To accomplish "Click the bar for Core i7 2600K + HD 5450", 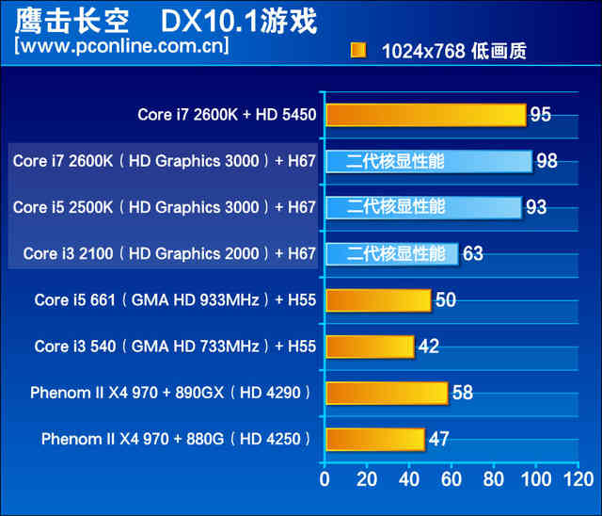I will click(x=425, y=115).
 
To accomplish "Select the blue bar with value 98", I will click(x=428, y=161).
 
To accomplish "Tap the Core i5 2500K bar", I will click(x=423, y=207).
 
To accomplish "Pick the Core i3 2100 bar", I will click(x=391, y=253).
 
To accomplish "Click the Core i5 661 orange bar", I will click(x=377, y=300).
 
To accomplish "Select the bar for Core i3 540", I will click(x=370, y=347).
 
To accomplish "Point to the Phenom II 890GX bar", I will click(x=386, y=393).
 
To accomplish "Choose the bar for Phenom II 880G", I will click(x=374, y=439).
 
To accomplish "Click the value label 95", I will click(x=540, y=115).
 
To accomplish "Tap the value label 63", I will click(x=472, y=253).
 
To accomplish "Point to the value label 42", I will click(x=428, y=347).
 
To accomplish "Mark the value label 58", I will click(x=462, y=393).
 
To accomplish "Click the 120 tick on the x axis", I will click(x=575, y=480).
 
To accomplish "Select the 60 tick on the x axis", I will click(x=451, y=480).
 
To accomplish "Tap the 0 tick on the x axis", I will click(x=325, y=480).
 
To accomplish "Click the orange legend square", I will click(x=358, y=51).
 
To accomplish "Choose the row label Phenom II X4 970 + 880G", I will click(x=176, y=439).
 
